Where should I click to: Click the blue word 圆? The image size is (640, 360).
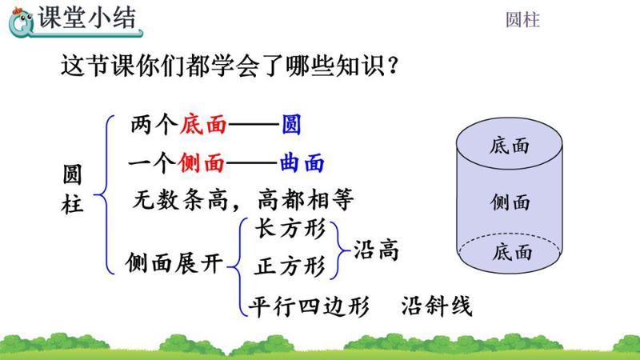pos(292,126)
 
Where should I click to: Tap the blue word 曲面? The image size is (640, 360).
pos(302,163)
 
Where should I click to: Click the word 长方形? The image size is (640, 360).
pos(290,230)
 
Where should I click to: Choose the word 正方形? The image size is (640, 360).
pos(290,265)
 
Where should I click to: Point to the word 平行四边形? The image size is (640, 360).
pos(308,306)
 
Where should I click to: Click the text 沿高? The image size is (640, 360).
pos(376,250)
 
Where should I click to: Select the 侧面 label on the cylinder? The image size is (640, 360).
pos(510,202)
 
